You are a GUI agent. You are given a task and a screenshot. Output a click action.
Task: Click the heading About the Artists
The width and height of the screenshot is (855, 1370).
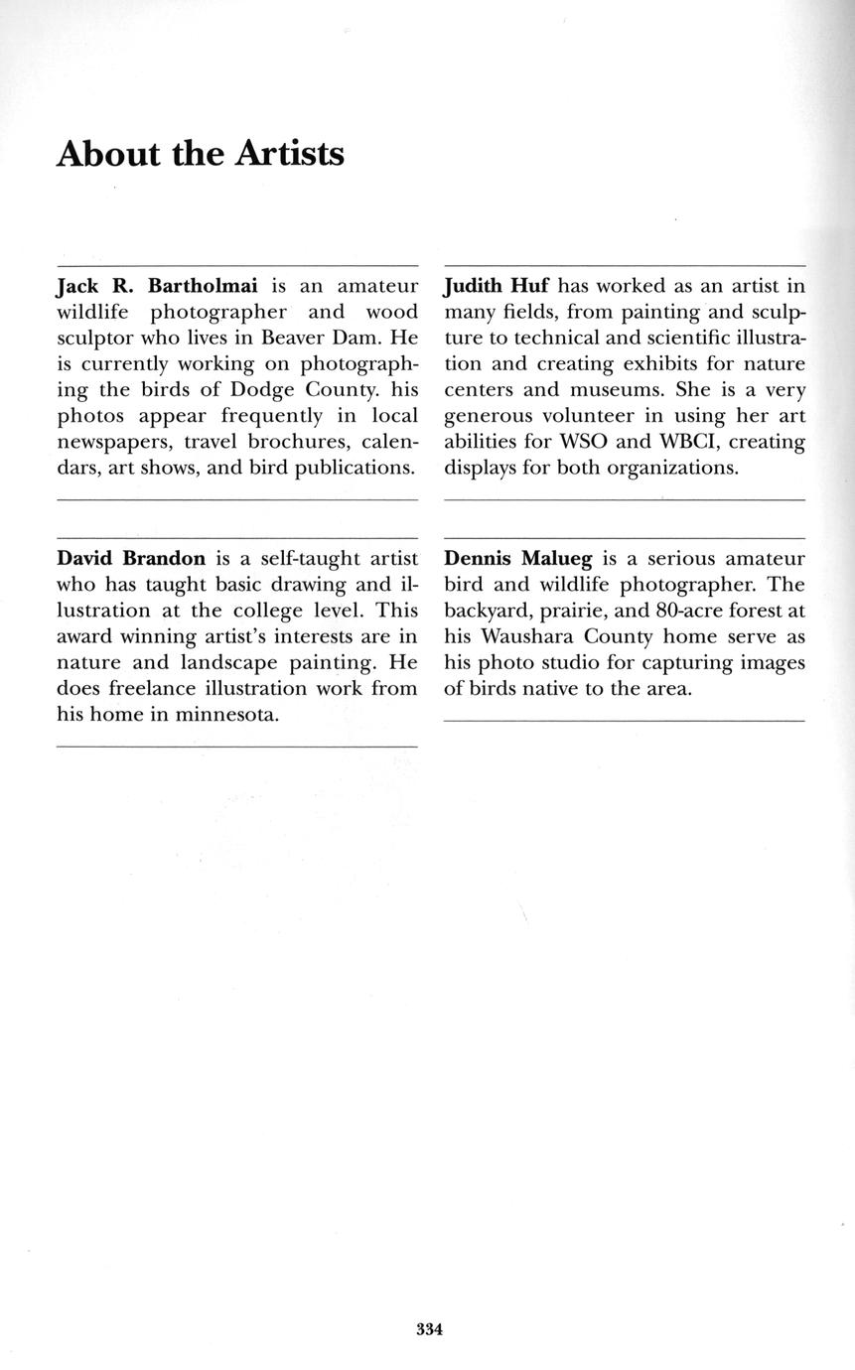201,155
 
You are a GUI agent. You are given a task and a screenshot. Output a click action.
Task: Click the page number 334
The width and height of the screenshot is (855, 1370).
429,1329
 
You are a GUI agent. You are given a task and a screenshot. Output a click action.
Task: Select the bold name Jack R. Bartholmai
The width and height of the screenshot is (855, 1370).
157,286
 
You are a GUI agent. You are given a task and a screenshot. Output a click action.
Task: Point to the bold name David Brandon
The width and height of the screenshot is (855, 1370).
131,558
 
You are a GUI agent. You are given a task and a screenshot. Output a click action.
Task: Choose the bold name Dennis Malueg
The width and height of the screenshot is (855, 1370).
517,558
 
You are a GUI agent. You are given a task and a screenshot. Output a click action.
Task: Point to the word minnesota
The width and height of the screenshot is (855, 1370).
225,713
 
